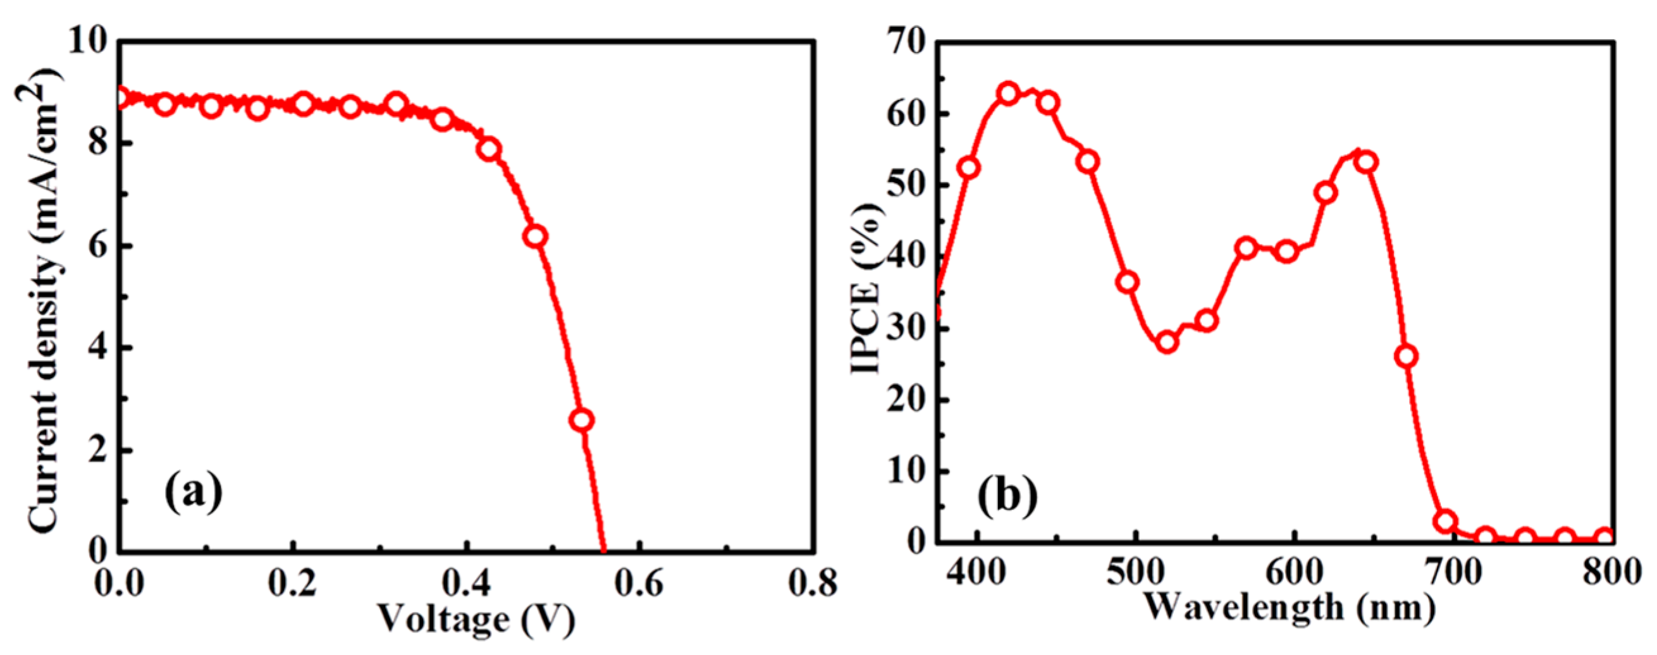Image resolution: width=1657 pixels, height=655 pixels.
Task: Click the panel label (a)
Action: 194,493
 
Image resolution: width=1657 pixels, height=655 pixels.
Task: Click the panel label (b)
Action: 1008,495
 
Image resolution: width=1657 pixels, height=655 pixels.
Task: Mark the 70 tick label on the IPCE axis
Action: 908,43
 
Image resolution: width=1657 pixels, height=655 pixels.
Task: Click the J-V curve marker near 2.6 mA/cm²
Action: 581,420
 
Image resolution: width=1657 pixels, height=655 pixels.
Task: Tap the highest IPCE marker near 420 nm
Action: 1009,93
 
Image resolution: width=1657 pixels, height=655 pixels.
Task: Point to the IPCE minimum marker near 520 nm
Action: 1167,342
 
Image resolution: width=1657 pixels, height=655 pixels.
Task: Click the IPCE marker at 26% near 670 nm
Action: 1407,356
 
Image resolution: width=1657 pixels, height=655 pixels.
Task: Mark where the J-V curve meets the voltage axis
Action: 603,550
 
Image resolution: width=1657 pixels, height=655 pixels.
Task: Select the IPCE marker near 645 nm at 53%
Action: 1367,161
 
